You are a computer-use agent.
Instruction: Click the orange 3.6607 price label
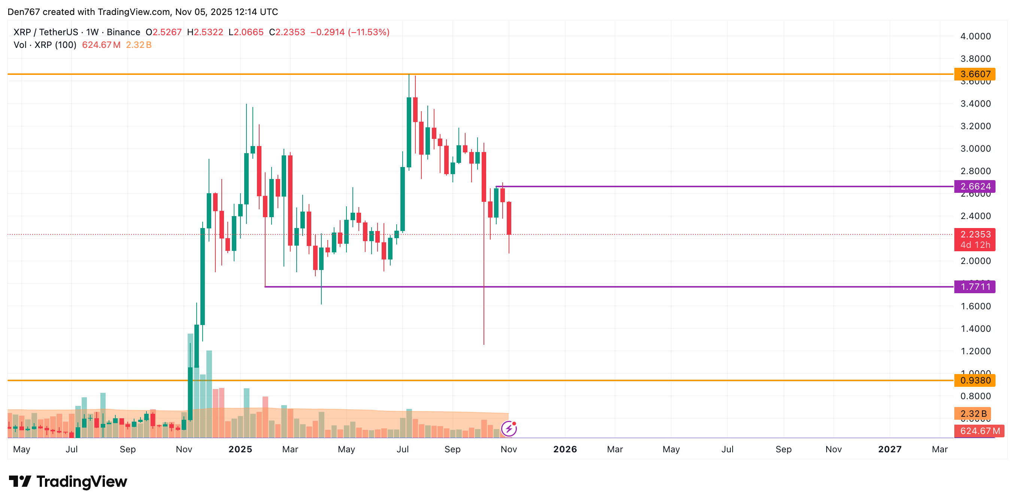pyautogui.click(x=975, y=74)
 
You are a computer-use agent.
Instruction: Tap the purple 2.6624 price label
pyautogui.click(x=975, y=186)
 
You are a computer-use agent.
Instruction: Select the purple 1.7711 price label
pyautogui.click(x=975, y=287)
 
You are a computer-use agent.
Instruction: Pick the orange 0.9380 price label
pyautogui.click(x=975, y=380)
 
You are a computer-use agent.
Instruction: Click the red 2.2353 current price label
pyautogui.click(x=975, y=235)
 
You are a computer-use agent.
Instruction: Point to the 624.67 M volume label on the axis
pyautogui.click(x=979, y=431)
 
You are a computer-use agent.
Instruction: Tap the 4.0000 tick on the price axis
pyautogui.click(x=975, y=36)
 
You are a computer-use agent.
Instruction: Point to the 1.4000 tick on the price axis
pyautogui.click(x=975, y=329)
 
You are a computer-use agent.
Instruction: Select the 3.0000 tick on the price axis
pyautogui.click(x=975, y=149)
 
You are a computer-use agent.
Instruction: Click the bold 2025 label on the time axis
pyautogui.click(x=240, y=449)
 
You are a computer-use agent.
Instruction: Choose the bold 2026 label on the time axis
pyautogui.click(x=565, y=449)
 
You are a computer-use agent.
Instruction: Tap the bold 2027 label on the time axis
pyautogui.click(x=890, y=449)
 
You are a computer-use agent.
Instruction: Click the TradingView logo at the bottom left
pyautogui.click(x=68, y=482)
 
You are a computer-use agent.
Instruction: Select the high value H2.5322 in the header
pyautogui.click(x=205, y=32)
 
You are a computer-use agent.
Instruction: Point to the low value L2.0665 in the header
pyautogui.click(x=246, y=32)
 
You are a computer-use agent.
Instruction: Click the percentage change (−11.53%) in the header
pyautogui.click(x=369, y=32)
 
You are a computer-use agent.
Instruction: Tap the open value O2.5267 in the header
pyautogui.click(x=164, y=32)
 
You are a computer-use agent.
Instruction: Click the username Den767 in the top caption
pyautogui.click(x=24, y=12)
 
